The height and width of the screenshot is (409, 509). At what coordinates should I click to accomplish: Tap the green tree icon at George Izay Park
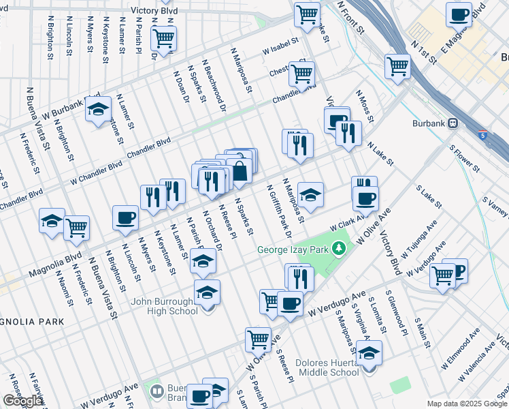338,249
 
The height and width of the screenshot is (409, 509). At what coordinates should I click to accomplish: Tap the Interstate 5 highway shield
482,135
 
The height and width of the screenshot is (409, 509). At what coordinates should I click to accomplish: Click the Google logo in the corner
22,401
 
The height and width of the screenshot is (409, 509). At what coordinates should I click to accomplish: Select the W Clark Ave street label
344,223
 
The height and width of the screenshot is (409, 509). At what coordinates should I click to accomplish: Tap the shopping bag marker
240,170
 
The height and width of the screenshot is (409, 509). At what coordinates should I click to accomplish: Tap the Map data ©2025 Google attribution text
466,404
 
